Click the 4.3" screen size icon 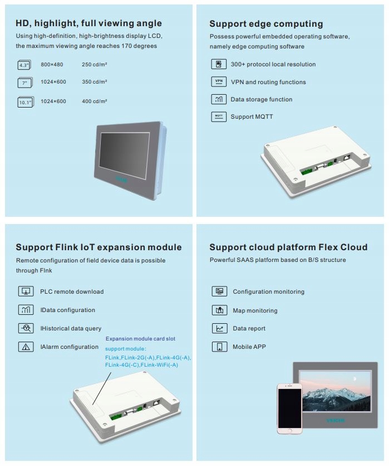point(24,65)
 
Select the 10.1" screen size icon point(25,101)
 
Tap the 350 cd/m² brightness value point(94,82)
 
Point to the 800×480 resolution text point(52,65)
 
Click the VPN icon point(219,82)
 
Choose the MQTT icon point(219,116)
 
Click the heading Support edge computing point(266,23)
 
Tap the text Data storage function point(261,99)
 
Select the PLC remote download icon point(26,291)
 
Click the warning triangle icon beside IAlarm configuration point(26,347)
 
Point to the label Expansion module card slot point(140,338)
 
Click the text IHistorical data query point(71,328)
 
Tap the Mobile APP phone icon point(219,347)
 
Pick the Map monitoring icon point(219,310)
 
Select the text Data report point(249,328)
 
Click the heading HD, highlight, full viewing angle point(89,23)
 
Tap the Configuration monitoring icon point(219,291)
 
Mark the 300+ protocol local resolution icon point(219,64)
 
